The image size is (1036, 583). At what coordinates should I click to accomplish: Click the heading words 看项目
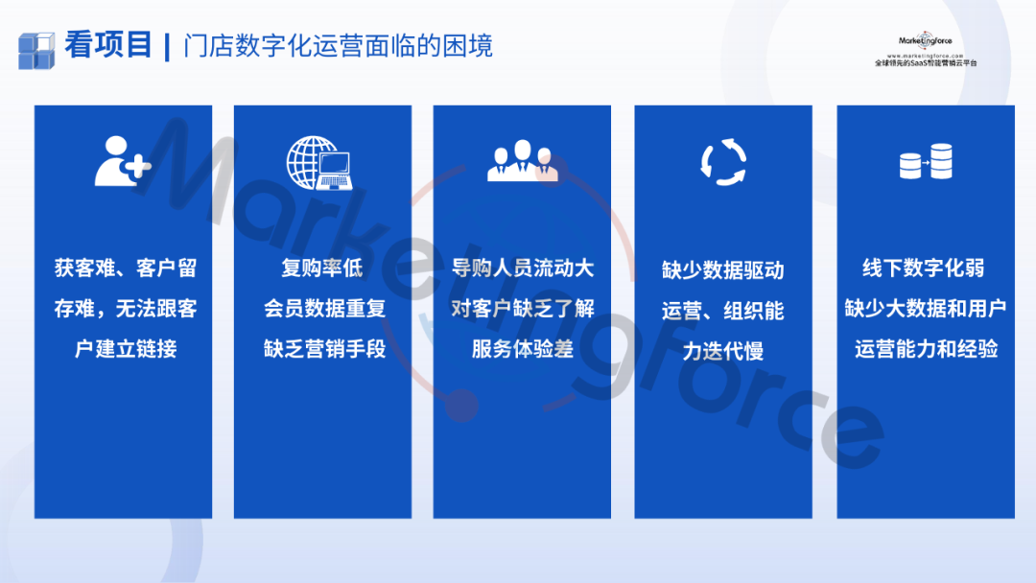click(x=109, y=45)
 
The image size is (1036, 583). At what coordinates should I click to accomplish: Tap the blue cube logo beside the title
click(x=36, y=50)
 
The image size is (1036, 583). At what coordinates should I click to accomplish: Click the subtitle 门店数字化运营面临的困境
click(x=338, y=46)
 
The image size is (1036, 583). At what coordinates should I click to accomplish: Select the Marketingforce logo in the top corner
click(x=925, y=49)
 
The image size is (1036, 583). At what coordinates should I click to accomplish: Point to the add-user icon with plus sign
click(x=123, y=161)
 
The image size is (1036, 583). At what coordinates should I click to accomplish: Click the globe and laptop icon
click(x=319, y=163)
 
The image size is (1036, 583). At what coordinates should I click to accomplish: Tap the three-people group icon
click(x=523, y=160)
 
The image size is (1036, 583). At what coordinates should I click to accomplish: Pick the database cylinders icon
click(x=926, y=162)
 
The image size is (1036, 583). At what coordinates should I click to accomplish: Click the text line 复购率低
click(x=322, y=268)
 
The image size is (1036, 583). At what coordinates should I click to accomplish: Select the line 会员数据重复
click(x=324, y=309)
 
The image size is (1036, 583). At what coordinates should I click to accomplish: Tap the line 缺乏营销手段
click(x=324, y=349)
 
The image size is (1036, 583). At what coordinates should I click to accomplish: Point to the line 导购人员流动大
click(x=523, y=268)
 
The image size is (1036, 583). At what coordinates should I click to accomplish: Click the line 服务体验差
click(x=523, y=349)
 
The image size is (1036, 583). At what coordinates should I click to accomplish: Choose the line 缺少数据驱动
click(x=723, y=270)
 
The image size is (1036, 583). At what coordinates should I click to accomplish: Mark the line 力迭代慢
click(x=723, y=351)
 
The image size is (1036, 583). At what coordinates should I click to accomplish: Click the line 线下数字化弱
click(x=924, y=268)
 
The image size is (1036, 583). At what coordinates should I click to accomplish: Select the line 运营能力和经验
click(x=926, y=349)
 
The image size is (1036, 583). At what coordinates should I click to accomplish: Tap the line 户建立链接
click(x=126, y=349)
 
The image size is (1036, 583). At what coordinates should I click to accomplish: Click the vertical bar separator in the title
click(x=167, y=48)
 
